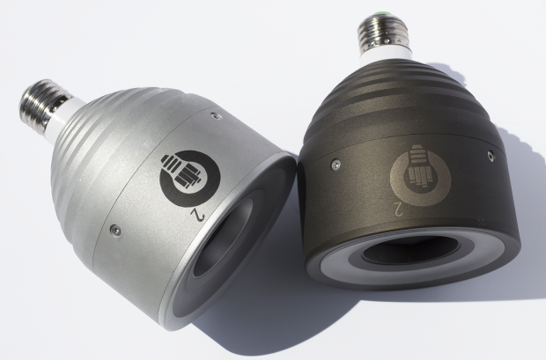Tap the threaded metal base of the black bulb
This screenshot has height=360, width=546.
(383, 32)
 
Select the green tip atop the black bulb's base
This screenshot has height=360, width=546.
(380, 14)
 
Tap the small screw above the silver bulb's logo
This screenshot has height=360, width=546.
(217, 115)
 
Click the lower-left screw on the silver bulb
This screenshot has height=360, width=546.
(114, 230)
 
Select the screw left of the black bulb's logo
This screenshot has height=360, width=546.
(336, 165)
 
